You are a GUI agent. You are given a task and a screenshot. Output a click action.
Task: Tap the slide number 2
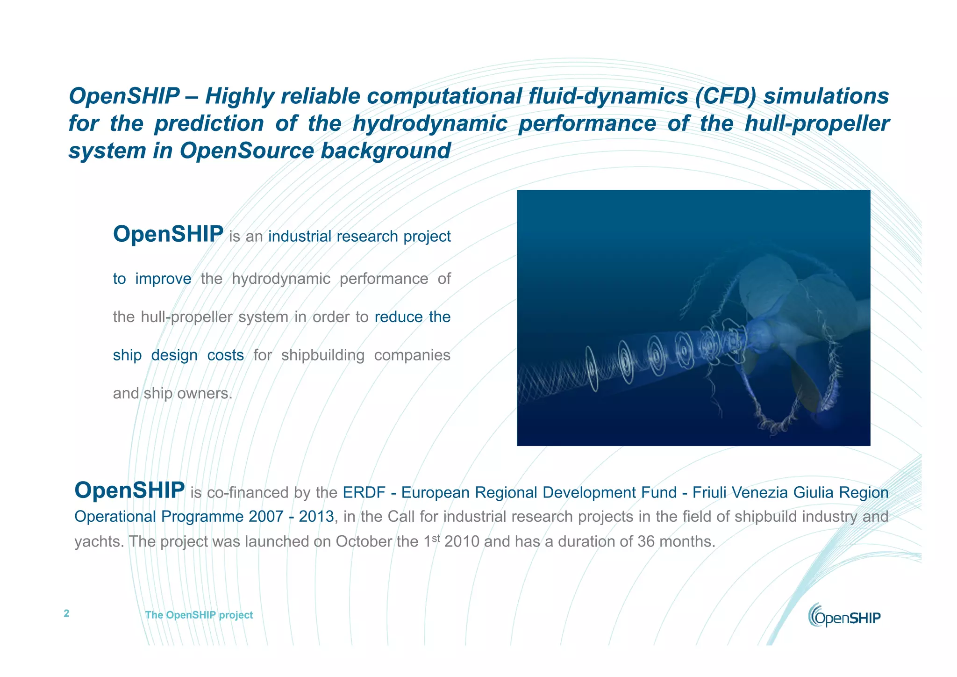[66, 613]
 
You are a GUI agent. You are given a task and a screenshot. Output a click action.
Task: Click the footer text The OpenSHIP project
[199, 615]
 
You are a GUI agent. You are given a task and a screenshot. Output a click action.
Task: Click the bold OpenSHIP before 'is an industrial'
[168, 234]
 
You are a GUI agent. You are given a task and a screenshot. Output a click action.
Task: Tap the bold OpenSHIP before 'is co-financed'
[129, 490]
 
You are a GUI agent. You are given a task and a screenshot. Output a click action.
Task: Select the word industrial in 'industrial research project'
[300, 237]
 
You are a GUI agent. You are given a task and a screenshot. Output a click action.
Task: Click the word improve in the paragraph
[163, 279]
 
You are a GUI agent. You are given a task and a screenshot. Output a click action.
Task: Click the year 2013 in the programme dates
[316, 517]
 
